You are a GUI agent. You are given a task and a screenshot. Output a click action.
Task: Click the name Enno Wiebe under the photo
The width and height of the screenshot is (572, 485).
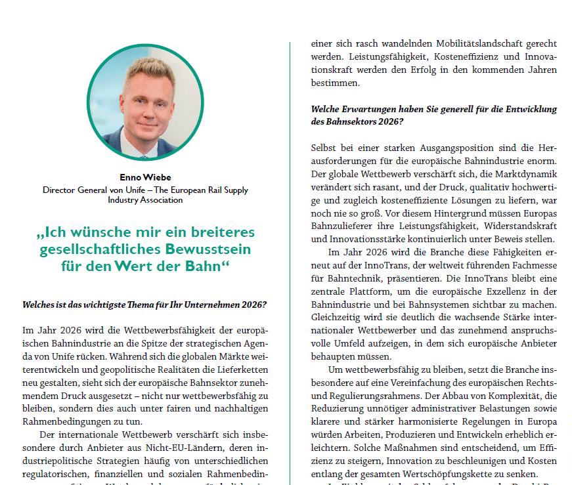(x=145, y=177)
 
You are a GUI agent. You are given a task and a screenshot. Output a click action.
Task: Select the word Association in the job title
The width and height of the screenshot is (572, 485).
(x=162, y=200)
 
